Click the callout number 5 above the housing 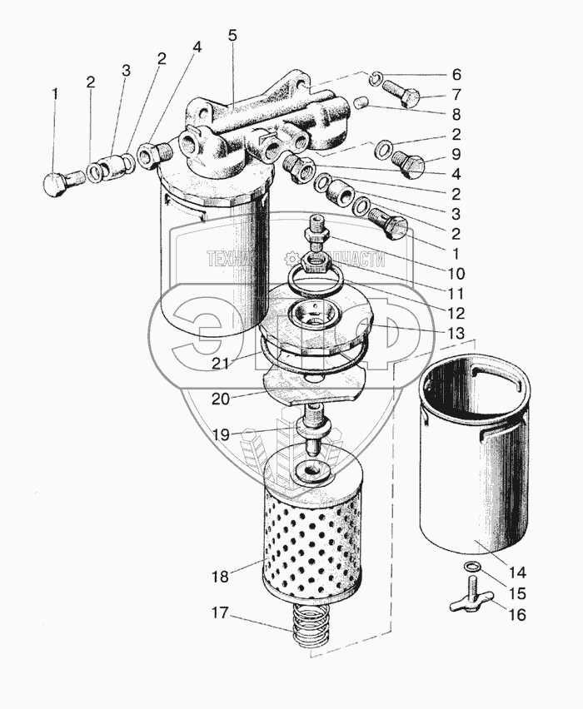(x=232, y=36)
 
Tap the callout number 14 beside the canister (x=518, y=573)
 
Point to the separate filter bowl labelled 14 (x=474, y=466)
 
